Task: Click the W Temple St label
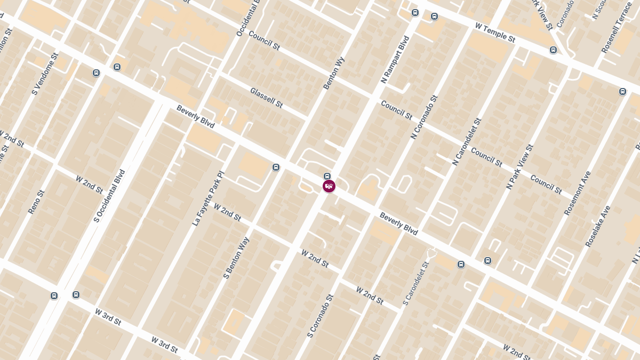click(x=495, y=32)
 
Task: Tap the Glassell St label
click(x=266, y=98)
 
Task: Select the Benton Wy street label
click(x=334, y=73)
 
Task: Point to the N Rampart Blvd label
click(x=395, y=60)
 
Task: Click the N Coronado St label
click(x=424, y=117)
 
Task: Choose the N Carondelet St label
click(x=467, y=142)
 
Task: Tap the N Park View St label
click(x=519, y=166)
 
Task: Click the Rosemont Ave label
click(x=578, y=193)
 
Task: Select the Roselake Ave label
click(x=597, y=226)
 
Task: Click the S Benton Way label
click(x=236, y=258)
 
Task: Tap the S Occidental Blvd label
click(x=109, y=196)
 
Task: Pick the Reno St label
click(x=37, y=202)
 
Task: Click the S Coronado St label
click(x=320, y=316)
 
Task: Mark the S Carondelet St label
click(x=416, y=284)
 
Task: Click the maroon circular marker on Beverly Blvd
click(x=329, y=186)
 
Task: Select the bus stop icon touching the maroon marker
click(x=327, y=177)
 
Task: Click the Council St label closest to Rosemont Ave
click(x=546, y=185)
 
